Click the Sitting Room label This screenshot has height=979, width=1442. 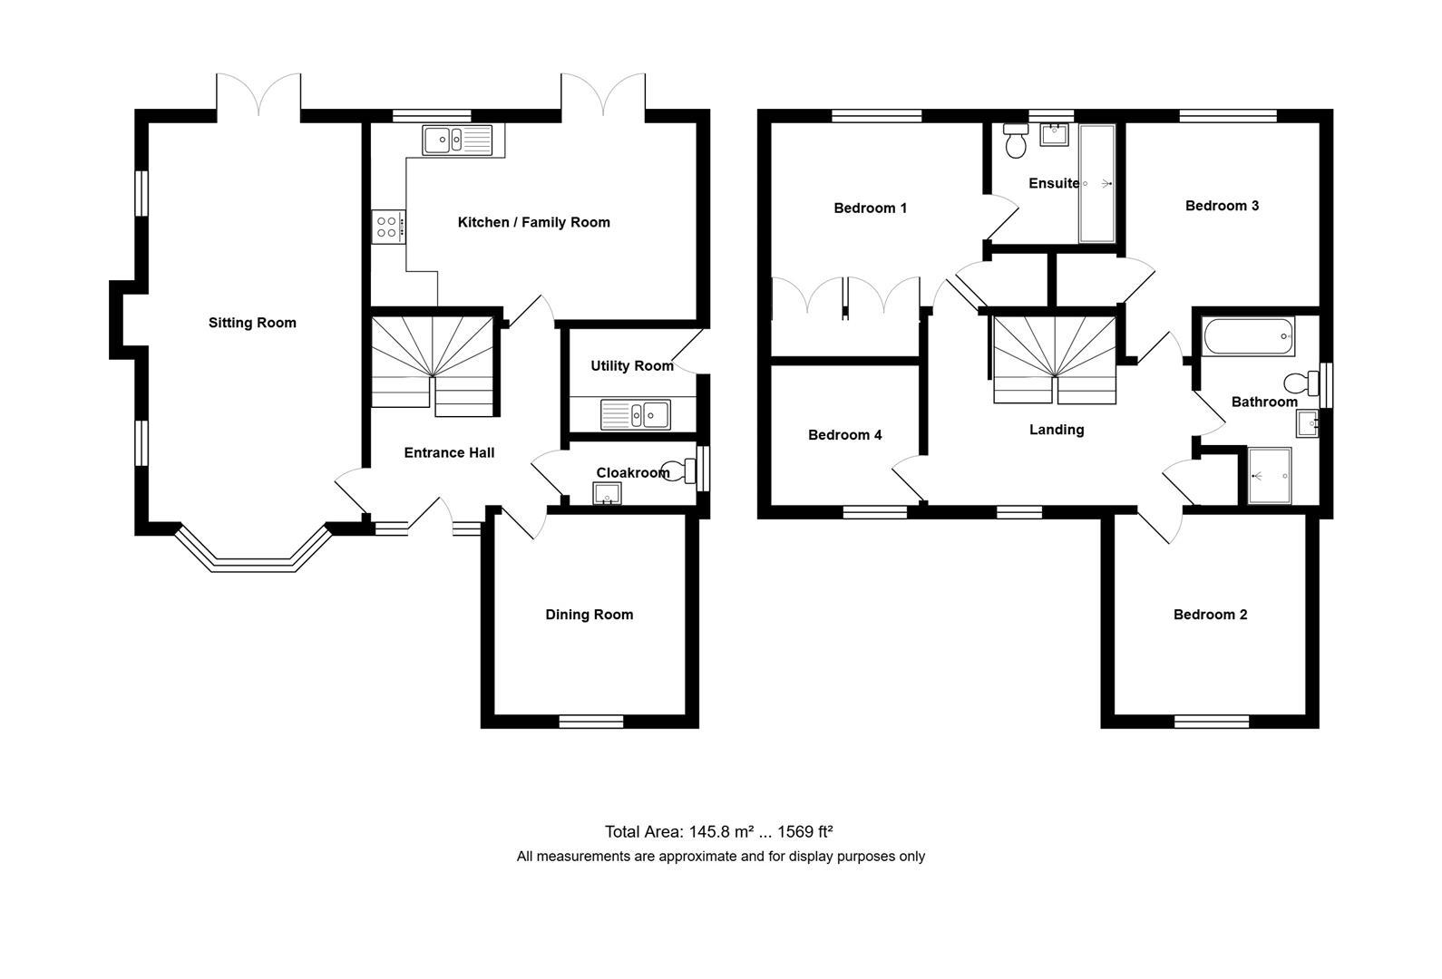(252, 323)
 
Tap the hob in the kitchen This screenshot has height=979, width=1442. (388, 226)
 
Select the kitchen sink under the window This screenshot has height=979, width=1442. (457, 140)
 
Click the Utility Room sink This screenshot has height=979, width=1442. (636, 415)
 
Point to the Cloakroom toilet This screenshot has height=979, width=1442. (679, 470)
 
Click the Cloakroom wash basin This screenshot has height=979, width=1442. (607, 494)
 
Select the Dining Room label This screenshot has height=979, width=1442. (589, 615)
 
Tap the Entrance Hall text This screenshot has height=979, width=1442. (449, 453)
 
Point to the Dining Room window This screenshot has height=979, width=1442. (590, 722)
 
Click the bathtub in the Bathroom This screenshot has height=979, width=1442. (1248, 336)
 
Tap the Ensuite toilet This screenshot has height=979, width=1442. (1016, 142)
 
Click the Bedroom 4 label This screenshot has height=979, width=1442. (844, 435)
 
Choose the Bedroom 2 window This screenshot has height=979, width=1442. (1211, 722)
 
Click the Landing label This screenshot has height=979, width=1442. (1057, 430)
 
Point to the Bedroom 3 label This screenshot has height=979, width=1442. (1222, 206)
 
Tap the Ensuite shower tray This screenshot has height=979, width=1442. (1096, 184)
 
